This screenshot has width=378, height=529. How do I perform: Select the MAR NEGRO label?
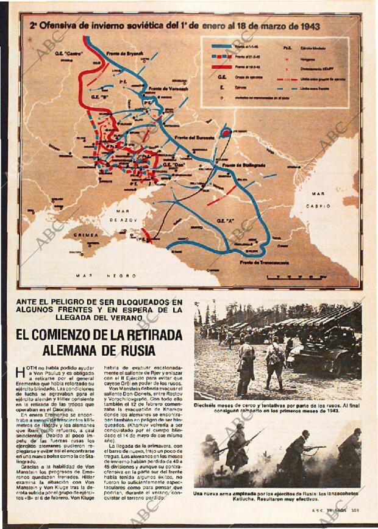[x=105, y=276]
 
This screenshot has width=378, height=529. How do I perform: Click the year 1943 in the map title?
[x=307, y=27]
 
